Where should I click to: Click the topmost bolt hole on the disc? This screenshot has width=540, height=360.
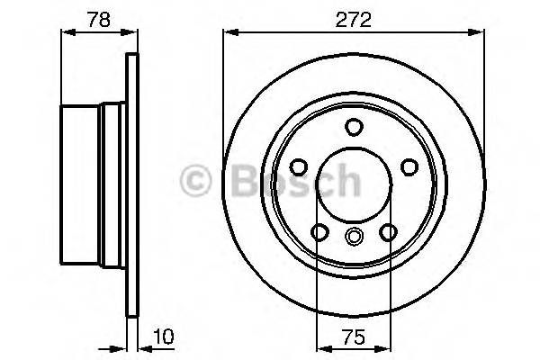(x=354, y=126)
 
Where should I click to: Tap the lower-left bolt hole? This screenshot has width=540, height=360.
(x=320, y=233)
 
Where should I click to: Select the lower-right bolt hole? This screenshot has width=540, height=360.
(x=388, y=233)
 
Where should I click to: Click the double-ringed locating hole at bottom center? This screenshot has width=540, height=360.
(x=354, y=237)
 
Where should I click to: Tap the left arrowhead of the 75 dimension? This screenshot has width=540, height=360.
(x=322, y=347)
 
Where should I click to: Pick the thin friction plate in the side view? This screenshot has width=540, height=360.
(x=133, y=187)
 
